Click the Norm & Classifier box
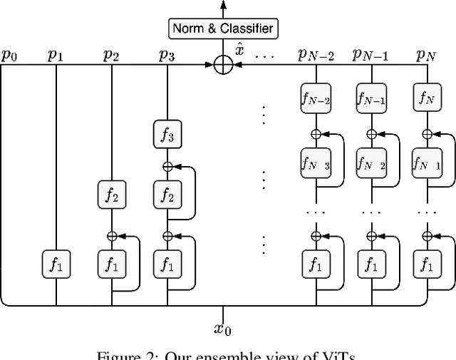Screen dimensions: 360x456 223,29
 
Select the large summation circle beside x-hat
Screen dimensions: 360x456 223,65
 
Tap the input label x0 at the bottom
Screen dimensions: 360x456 223,329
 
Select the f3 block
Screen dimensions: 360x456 167,133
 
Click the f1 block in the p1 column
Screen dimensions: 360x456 56,265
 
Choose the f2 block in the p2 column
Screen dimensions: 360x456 111,192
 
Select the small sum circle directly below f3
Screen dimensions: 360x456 167,166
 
